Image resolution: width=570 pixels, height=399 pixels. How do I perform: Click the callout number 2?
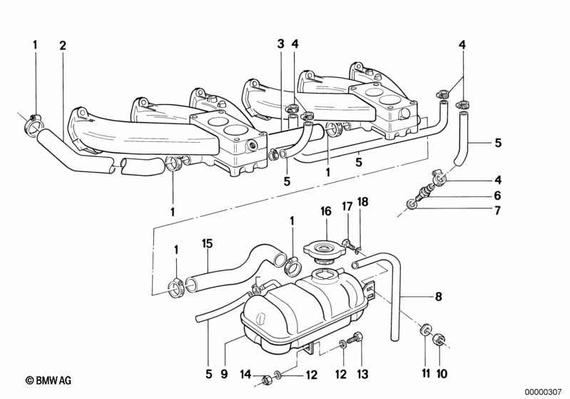tap(63, 45)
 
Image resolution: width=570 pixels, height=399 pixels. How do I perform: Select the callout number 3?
tap(281, 44)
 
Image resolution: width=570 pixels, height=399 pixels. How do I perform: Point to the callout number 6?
tap(497, 195)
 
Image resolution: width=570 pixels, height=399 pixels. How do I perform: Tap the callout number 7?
tap(497, 211)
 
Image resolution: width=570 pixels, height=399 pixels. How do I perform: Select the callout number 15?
tap(207, 244)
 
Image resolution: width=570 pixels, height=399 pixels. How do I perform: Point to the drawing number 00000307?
tap(544, 392)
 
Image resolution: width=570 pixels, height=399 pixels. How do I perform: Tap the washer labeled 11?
tap(425, 330)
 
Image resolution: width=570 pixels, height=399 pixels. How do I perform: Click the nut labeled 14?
tap(265, 378)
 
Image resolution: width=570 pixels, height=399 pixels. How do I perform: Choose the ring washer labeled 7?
tap(412, 206)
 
